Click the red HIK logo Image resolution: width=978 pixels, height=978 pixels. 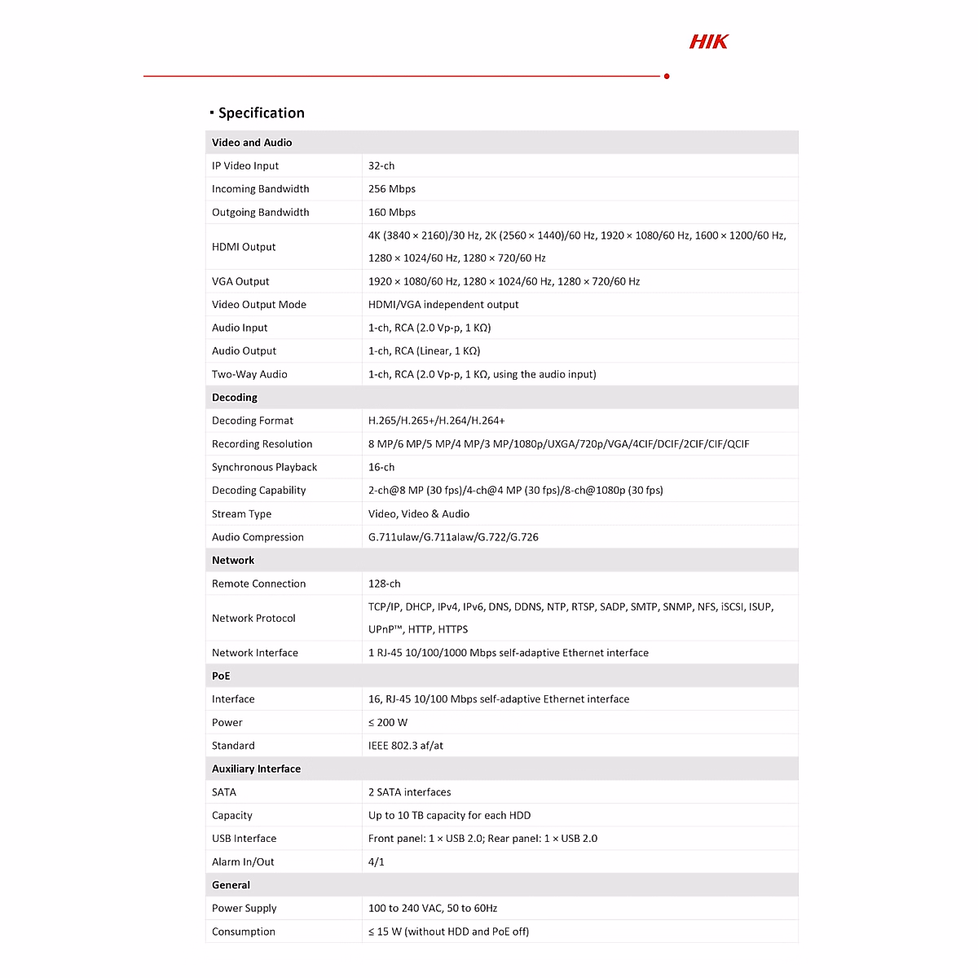click(708, 42)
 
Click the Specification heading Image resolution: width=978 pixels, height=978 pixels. click(261, 113)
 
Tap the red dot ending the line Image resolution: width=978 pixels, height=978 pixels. click(667, 77)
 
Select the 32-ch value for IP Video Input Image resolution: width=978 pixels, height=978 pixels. click(381, 166)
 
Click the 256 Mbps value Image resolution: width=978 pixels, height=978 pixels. click(392, 189)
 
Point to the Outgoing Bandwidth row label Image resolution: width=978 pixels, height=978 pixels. click(261, 213)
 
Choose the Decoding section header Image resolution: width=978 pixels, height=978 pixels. click(235, 398)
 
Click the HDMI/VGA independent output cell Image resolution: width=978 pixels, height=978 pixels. click(443, 305)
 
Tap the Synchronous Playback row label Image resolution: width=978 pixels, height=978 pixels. click(264, 468)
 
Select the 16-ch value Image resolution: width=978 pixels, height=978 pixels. click(381, 468)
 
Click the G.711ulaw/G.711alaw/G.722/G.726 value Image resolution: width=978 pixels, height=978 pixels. click(453, 537)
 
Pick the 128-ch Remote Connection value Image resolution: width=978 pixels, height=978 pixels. click(385, 584)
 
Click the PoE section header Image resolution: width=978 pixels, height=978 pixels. click(221, 676)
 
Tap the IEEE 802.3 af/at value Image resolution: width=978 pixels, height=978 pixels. click(406, 746)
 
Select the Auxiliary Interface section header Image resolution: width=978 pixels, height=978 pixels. click(256, 769)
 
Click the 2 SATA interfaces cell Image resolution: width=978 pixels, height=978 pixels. click(409, 792)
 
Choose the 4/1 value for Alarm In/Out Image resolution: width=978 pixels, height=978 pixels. click(377, 862)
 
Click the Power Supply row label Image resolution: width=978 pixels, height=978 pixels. click(244, 909)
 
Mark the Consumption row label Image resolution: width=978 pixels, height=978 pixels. click(244, 932)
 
